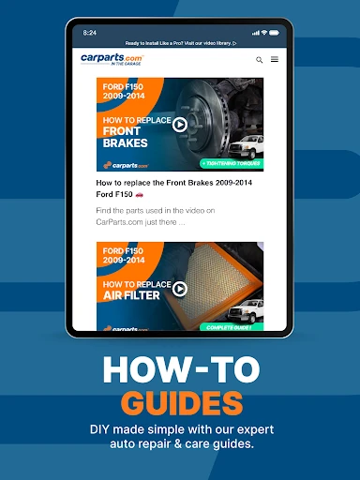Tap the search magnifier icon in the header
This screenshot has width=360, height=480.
260,60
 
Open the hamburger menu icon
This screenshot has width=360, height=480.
275,60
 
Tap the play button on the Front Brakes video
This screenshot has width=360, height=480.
180,124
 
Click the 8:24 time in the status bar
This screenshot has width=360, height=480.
90,32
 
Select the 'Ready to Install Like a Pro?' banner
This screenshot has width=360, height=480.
180,43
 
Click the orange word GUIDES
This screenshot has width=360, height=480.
180,404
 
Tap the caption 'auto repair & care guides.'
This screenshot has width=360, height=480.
180,444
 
